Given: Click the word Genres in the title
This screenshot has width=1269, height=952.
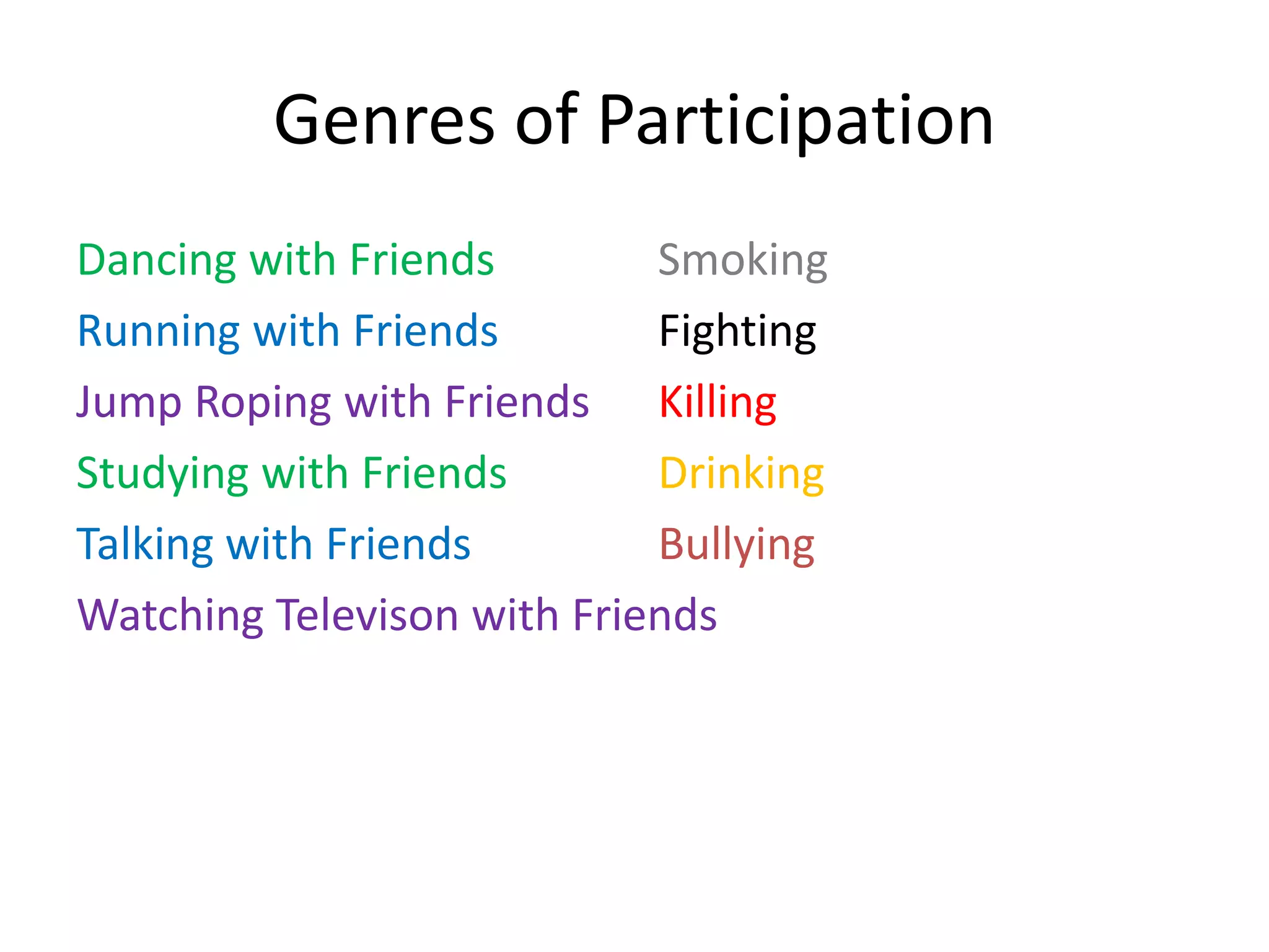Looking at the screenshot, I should coord(384,120).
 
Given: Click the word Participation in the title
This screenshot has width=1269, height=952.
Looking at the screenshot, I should coord(796,120).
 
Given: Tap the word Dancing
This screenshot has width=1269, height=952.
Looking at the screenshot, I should coord(156,260).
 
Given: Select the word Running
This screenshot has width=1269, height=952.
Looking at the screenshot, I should coord(158,332).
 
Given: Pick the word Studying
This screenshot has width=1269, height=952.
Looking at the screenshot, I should coord(162,474).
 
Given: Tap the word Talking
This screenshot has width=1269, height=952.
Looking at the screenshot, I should coord(144,545).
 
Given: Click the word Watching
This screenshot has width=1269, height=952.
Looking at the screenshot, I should coord(170,615).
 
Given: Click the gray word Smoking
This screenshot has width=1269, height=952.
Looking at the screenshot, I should coord(742,260).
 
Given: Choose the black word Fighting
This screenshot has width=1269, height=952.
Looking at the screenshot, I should coord(737,332).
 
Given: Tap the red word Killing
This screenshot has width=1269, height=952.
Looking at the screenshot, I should coord(718,403).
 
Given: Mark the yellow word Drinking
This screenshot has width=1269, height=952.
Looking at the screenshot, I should coord(742,474).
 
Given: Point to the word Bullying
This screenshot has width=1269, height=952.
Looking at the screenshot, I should coord(737,545).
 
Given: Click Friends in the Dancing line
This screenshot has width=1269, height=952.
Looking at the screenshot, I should coord(421,260).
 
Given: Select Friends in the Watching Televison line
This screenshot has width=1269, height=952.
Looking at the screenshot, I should coord(644,615).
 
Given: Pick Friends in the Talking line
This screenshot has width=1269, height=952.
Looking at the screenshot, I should coord(398,545).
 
